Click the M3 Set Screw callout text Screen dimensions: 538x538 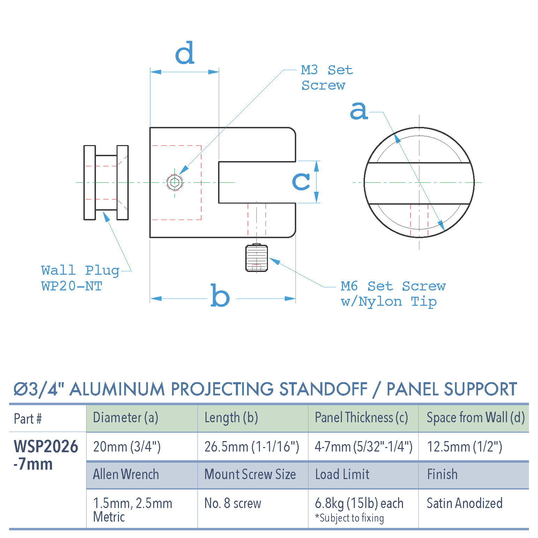point(327,77)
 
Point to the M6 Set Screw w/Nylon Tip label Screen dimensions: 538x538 point(393,294)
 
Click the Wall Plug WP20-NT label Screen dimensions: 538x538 point(80,278)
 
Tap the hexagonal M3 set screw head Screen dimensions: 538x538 point(175,182)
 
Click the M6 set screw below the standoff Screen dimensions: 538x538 point(256,258)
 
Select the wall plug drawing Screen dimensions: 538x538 point(106,183)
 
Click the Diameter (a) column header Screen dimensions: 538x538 point(126,418)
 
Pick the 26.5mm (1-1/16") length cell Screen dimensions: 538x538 point(252,447)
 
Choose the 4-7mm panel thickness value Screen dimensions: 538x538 point(363,447)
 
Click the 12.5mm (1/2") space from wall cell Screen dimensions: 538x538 point(464,447)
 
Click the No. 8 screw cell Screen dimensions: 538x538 point(233,503)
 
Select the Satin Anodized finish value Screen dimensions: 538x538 point(464,503)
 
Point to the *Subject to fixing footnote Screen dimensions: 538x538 point(349,518)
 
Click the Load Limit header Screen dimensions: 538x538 point(342,474)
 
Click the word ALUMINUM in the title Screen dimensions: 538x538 point(117,389)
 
